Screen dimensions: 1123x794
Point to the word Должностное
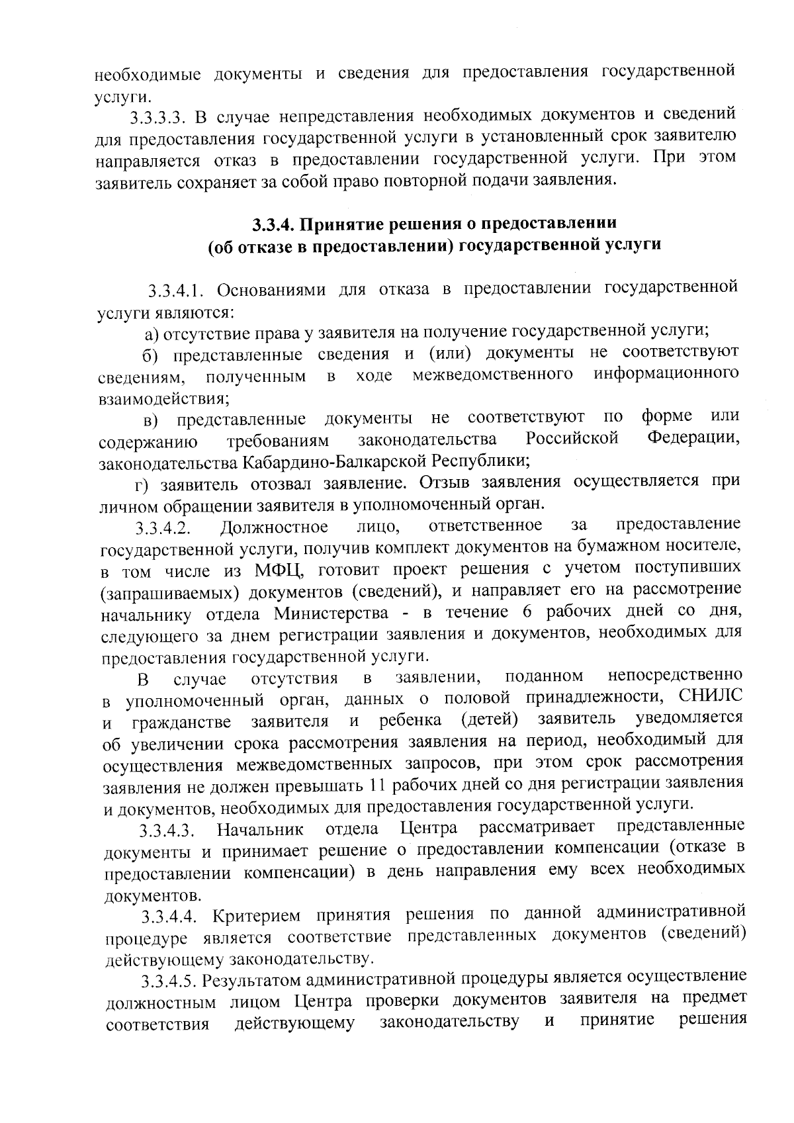pyautogui.click(x=274, y=527)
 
